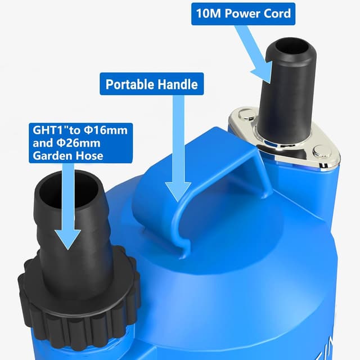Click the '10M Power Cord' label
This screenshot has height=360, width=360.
click(x=242, y=13)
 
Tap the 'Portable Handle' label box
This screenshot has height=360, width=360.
click(x=152, y=84)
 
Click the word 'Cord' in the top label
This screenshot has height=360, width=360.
click(x=276, y=13)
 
